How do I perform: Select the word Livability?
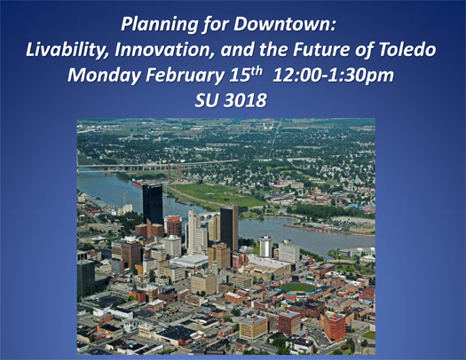click(68, 50)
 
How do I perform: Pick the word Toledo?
click(407, 50)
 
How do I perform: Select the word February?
click(185, 75)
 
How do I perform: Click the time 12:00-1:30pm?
click(333, 75)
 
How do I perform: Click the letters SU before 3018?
click(207, 100)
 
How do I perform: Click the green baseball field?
click(297, 287)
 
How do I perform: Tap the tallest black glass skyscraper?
click(153, 204)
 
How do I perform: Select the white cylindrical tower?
click(265, 247)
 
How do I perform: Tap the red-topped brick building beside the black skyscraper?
click(174, 227)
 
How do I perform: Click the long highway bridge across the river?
click(157, 165)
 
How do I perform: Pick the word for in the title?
click(216, 24)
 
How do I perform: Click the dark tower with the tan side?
click(229, 227)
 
